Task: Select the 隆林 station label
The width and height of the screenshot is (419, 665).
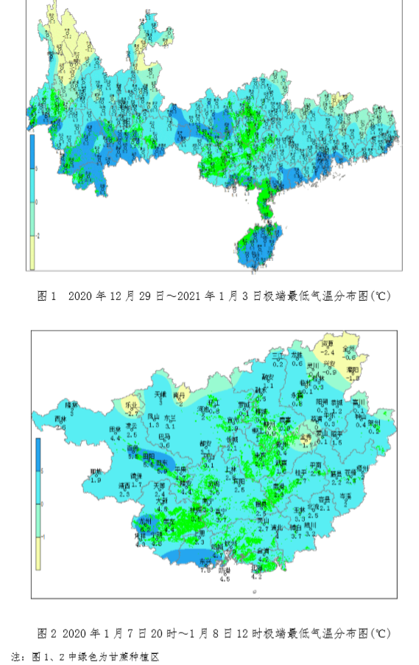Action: [71, 404]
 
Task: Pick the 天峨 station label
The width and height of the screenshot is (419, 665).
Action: [161, 395]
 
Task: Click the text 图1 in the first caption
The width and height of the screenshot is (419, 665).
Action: [46, 296]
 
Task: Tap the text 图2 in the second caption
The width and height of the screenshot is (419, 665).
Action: [46, 633]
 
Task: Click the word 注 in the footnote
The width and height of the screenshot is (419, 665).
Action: [15, 655]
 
